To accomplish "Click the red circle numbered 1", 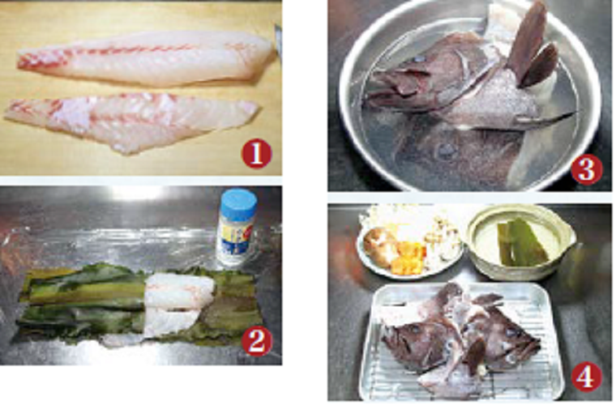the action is [257, 153].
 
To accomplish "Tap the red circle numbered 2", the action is [257, 341].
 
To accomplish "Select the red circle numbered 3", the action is [586, 170].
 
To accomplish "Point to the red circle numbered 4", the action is [586, 377].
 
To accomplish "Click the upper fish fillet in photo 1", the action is [145, 59].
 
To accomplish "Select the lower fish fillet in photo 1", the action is [130, 120].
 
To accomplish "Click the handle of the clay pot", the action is [570, 235].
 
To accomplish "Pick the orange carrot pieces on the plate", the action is [409, 256].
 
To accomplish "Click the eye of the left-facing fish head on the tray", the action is [415, 329].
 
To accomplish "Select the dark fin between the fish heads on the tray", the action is [476, 355].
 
